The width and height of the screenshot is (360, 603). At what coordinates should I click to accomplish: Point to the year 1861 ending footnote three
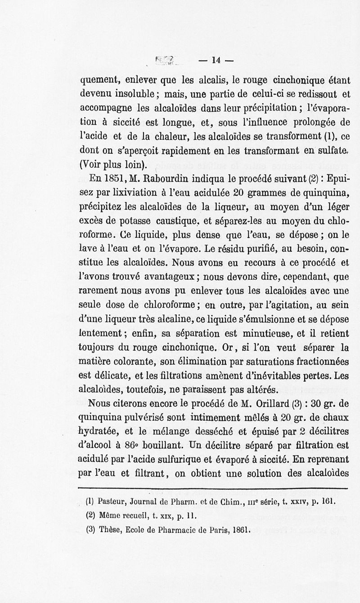240,530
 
